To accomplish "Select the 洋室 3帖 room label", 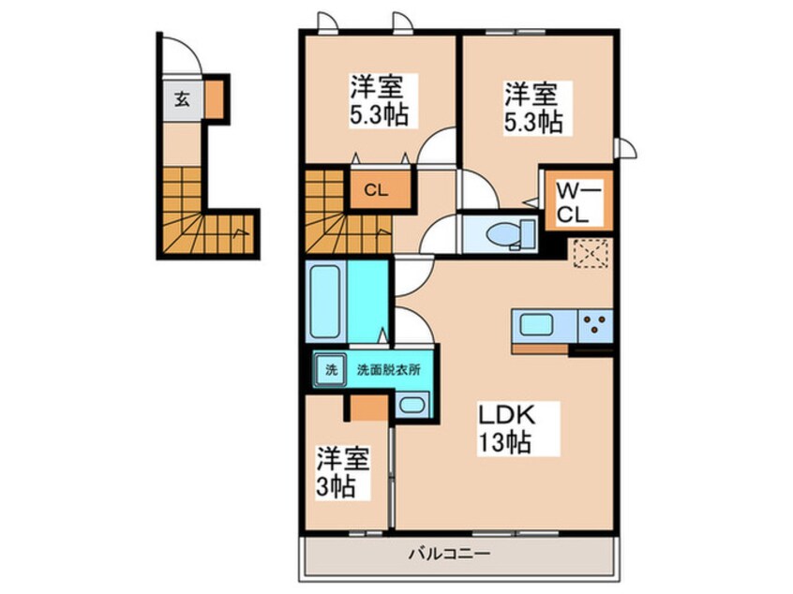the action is [342, 473].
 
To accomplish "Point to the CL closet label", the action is [376, 190].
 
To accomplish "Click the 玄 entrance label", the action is [182, 99].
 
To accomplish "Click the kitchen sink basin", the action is [536, 323].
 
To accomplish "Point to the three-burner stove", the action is [595, 323].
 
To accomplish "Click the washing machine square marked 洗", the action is [330, 370].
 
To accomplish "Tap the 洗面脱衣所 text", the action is [388, 370].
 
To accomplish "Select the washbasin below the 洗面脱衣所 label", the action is [412, 405].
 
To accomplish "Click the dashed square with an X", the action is [591, 253].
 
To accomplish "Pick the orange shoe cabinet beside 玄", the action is [213, 99].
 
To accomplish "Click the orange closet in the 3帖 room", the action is [369, 408].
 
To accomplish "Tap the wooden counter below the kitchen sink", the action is [540, 349].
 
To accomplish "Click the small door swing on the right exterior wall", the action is [625, 149].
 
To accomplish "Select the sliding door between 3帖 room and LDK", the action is [391, 476].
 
